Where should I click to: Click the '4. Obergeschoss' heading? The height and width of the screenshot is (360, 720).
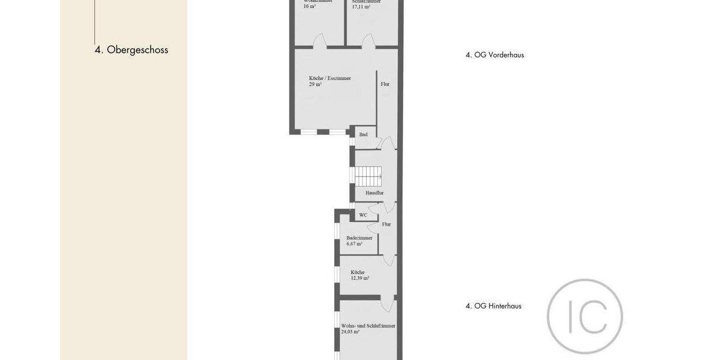[131, 50]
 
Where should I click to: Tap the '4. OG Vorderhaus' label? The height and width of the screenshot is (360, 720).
[494, 55]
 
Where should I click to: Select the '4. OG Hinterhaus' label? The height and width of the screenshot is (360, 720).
[493, 306]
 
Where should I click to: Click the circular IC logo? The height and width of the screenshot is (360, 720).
[584, 316]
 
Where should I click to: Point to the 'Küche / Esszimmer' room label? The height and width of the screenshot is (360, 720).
[330, 78]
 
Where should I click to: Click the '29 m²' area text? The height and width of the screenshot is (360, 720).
[316, 85]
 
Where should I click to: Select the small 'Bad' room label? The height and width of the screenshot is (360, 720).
[364, 134]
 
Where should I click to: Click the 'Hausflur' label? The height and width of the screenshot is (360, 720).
[374, 193]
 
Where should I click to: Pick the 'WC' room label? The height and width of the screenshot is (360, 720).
[363, 215]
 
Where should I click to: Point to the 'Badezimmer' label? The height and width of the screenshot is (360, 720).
[359, 238]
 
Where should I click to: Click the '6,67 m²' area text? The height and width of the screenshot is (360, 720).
[355, 244]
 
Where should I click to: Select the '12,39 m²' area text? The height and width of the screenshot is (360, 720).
[360, 278]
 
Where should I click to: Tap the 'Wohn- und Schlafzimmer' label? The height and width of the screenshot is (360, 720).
[368, 325]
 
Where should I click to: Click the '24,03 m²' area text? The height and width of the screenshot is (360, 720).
[350, 331]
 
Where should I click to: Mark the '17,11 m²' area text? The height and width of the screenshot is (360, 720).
[361, 7]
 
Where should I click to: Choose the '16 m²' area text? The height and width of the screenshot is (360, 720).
[310, 7]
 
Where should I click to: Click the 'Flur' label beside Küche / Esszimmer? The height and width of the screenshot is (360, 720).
[385, 84]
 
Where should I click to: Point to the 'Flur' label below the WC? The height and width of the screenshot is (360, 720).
[386, 224]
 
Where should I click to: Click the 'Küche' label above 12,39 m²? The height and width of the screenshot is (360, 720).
[358, 272]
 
